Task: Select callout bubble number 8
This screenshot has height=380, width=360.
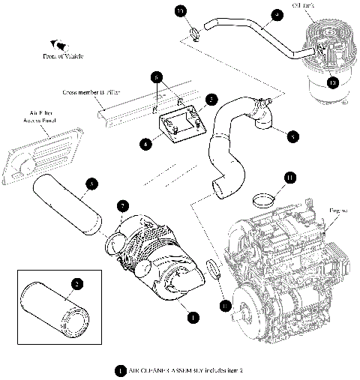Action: pos(292,136)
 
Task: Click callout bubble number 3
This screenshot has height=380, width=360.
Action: pos(91,183)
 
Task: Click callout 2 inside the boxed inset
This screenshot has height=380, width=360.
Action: pos(76,283)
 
